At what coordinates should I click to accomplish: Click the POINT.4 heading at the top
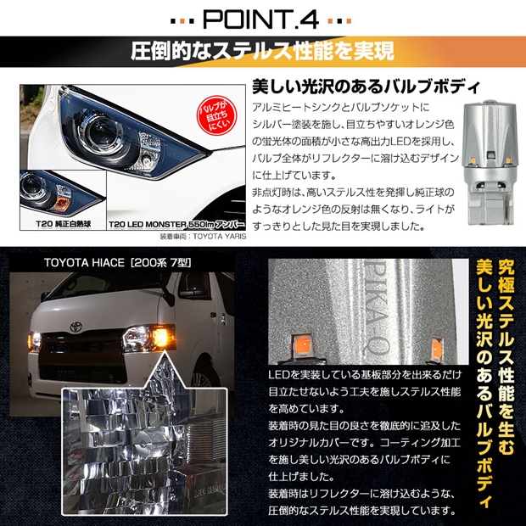262,19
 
